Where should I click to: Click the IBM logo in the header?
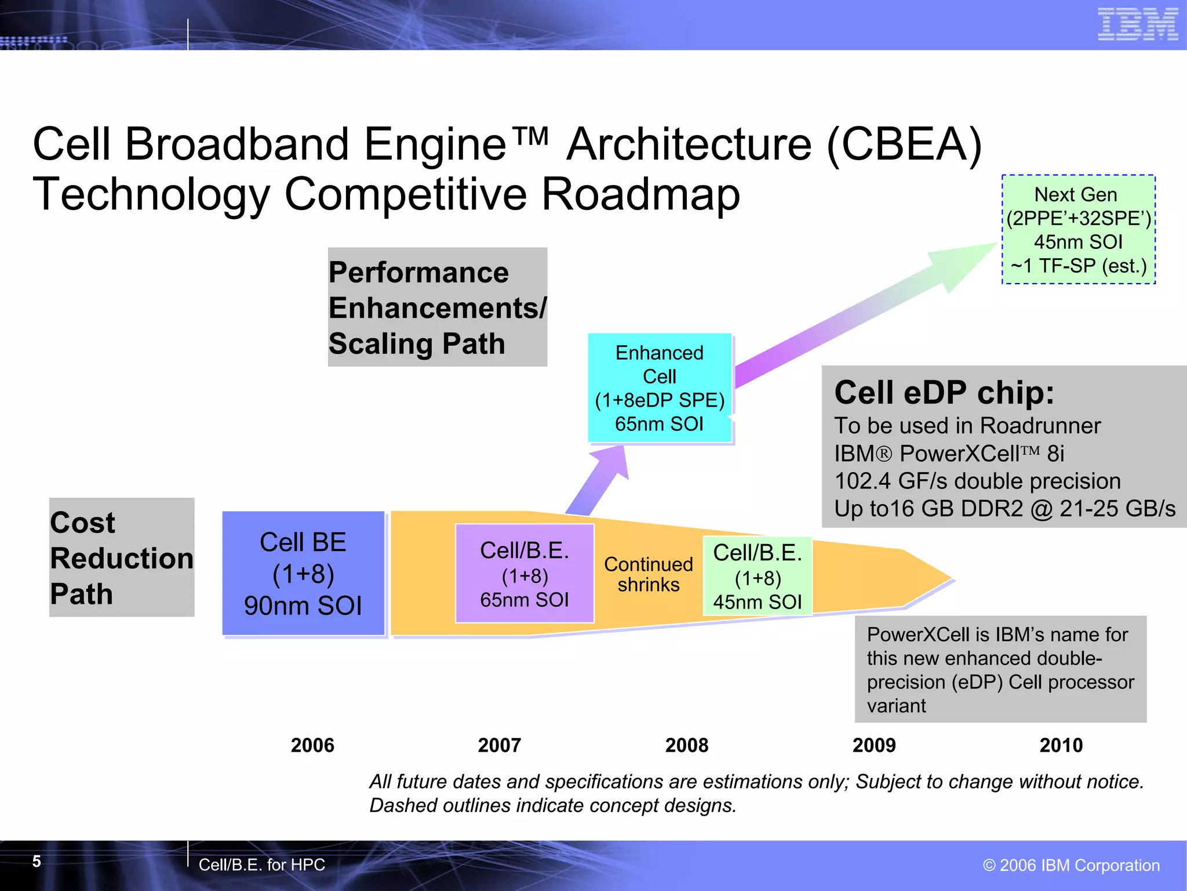pyautogui.click(x=1137, y=24)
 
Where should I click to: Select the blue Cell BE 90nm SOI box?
pyautogui.click(x=303, y=573)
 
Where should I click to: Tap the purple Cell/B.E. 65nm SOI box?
pyautogui.click(x=525, y=574)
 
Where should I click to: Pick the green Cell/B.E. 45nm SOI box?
pyautogui.click(x=758, y=576)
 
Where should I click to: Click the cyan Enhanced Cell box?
pyautogui.click(x=660, y=388)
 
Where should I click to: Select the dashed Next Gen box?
pyautogui.click(x=1079, y=230)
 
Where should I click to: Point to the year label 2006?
pyautogui.click(x=312, y=745)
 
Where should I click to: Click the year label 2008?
pyautogui.click(x=687, y=745)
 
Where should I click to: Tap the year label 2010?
pyautogui.click(x=1061, y=745)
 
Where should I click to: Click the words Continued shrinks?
pyautogui.click(x=648, y=574)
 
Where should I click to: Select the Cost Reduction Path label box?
pyautogui.click(x=122, y=557)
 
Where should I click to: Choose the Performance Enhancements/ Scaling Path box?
pyautogui.click(x=438, y=307)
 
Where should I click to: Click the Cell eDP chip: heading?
pyautogui.click(x=944, y=393)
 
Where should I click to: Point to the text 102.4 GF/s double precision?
pyautogui.click(x=977, y=481)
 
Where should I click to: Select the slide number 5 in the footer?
pyautogui.click(x=37, y=861)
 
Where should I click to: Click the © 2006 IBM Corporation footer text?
pyautogui.click(x=1071, y=865)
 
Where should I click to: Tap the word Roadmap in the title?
pyautogui.click(x=640, y=194)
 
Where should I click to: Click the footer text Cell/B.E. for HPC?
pyautogui.click(x=261, y=865)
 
